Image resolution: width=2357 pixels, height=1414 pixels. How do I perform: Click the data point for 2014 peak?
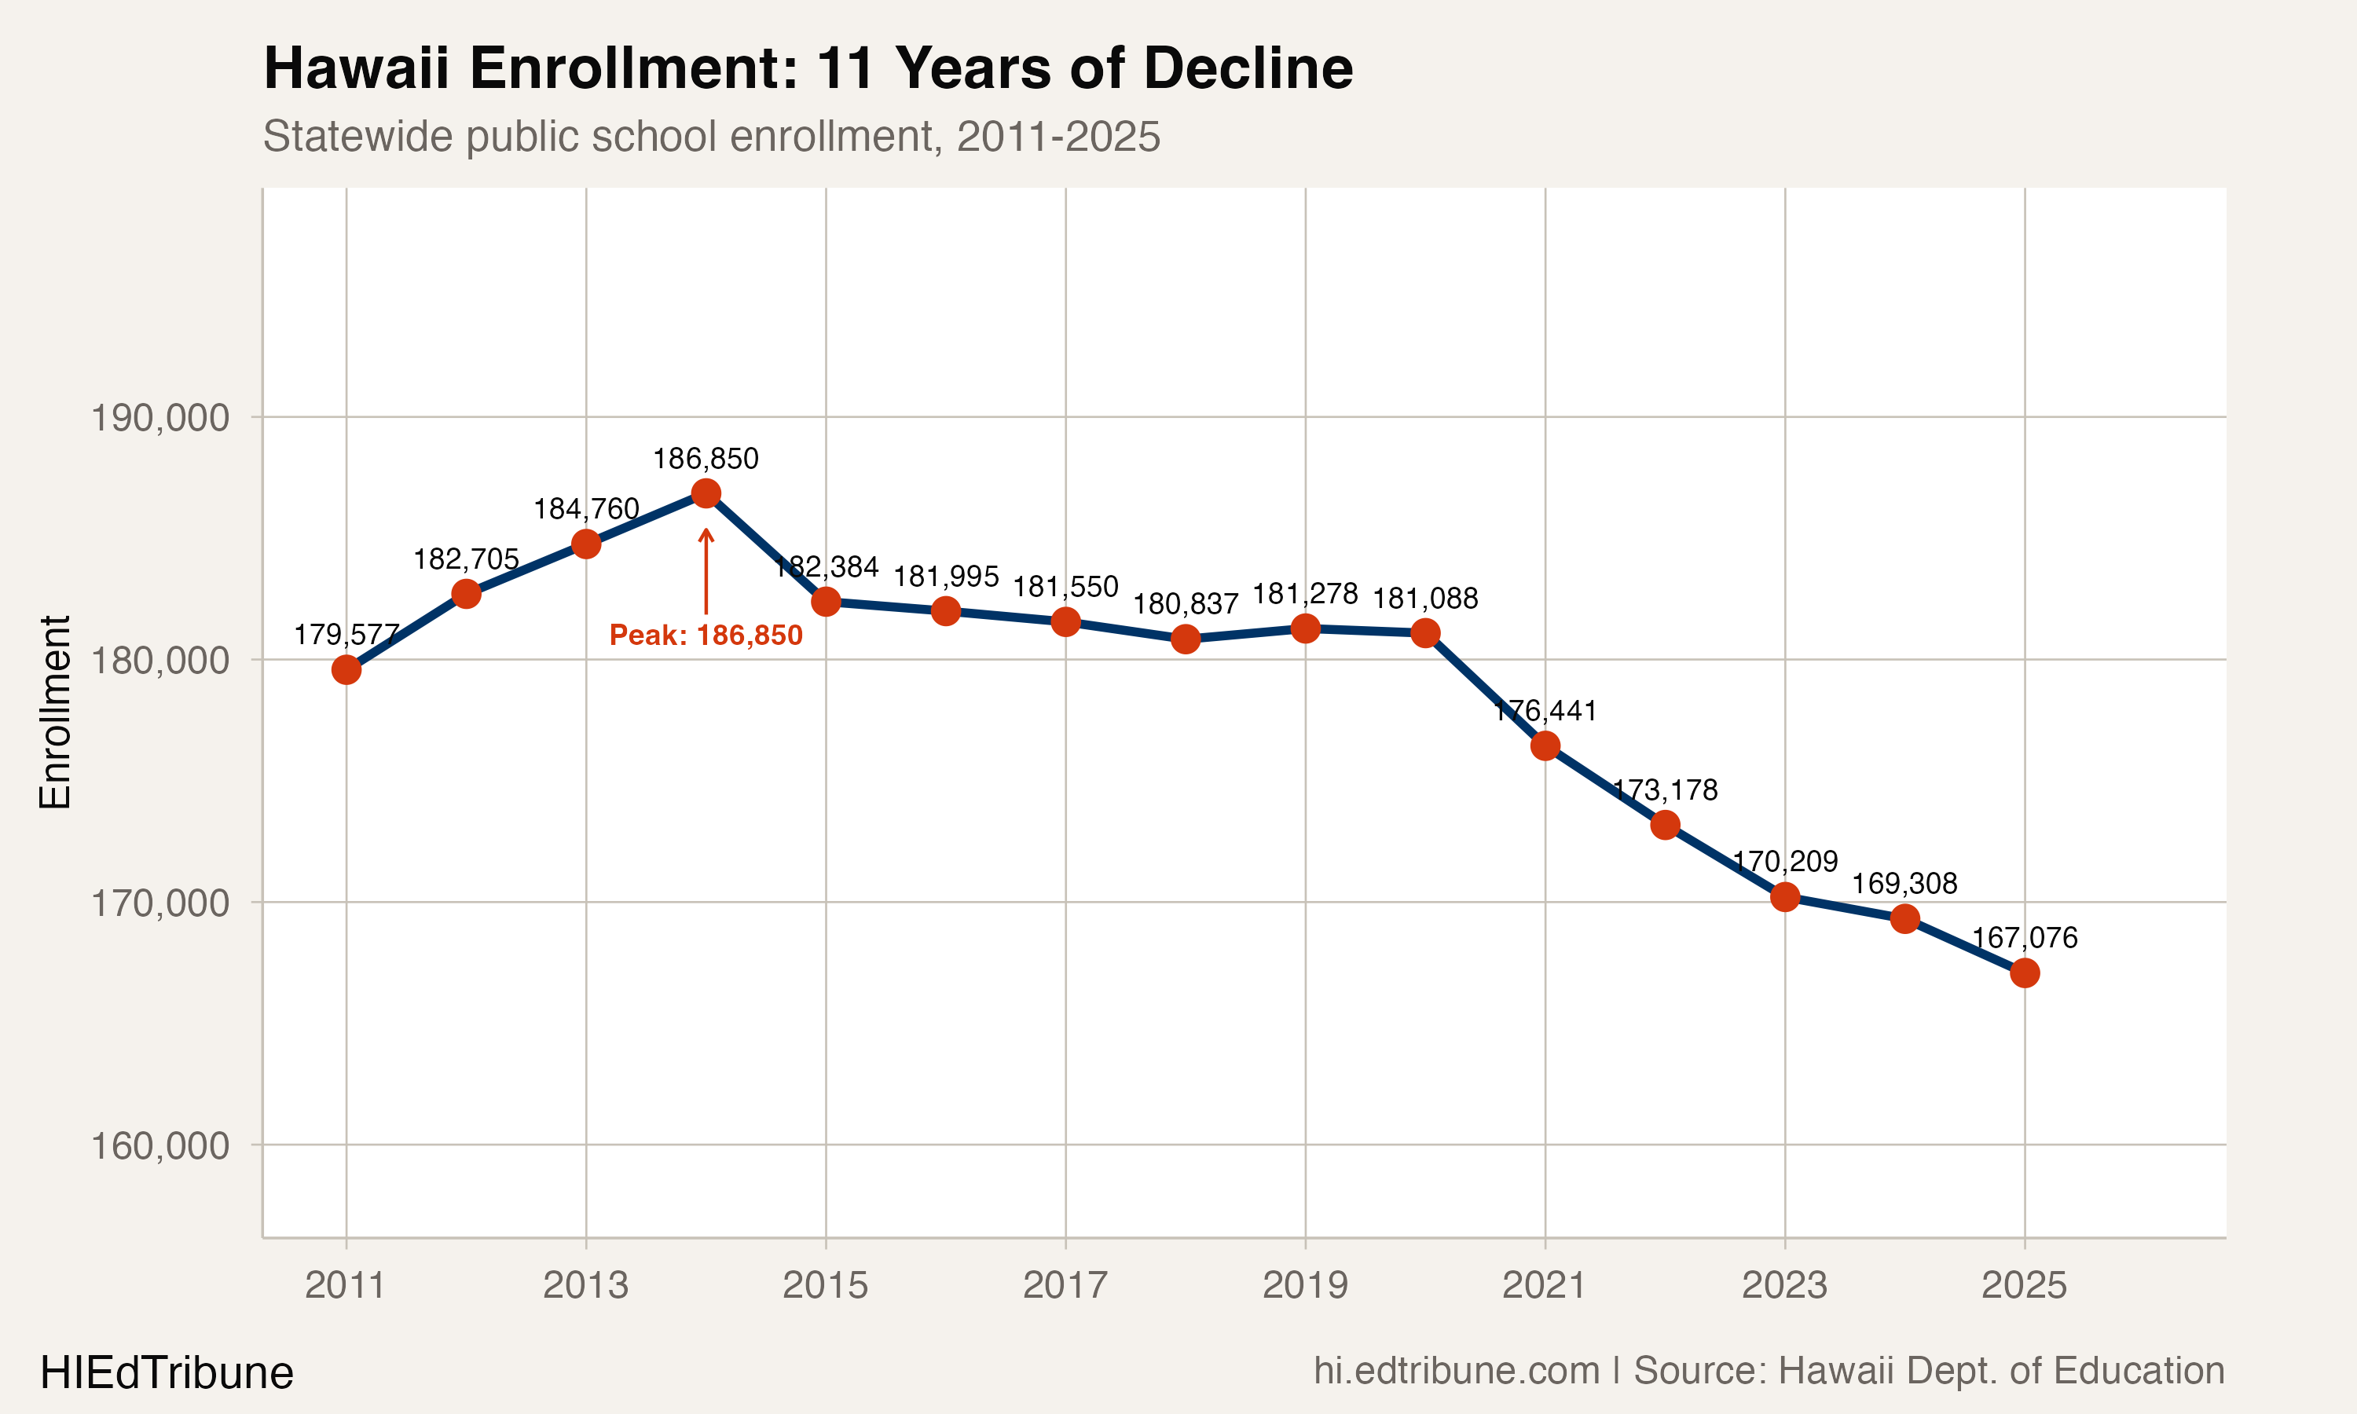click(x=706, y=493)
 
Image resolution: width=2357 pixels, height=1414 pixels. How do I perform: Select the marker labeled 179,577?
click(x=346, y=670)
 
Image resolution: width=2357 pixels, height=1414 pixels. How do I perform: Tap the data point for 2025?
click(x=2025, y=973)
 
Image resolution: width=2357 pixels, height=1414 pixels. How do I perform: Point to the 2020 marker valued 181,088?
click(x=1425, y=632)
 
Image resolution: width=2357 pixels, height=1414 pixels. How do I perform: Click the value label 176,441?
click(x=1545, y=711)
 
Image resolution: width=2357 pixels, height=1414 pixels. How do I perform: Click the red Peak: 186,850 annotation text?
click(x=706, y=636)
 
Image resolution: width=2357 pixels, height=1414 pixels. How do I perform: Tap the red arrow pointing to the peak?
click(x=706, y=572)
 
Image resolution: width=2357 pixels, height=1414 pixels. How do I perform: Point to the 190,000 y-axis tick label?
click(x=160, y=418)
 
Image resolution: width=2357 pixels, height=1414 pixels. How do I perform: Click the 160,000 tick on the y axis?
click(x=160, y=1146)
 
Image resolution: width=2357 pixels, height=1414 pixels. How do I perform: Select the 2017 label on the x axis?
click(x=1065, y=1285)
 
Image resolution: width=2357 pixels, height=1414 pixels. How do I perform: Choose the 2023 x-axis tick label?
click(x=1784, y=1285)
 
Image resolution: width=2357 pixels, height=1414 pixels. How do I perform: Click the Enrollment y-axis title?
click(x=55, y=712)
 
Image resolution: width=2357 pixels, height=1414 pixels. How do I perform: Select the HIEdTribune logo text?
click(x=167, y=1373)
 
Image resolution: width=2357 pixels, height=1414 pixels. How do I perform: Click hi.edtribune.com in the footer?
click(x=1457, y=1371)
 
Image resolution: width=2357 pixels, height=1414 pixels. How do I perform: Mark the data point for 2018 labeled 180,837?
click(x=1185, y=639)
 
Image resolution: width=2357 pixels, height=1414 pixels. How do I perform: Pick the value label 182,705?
click(x=466, y=559)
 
